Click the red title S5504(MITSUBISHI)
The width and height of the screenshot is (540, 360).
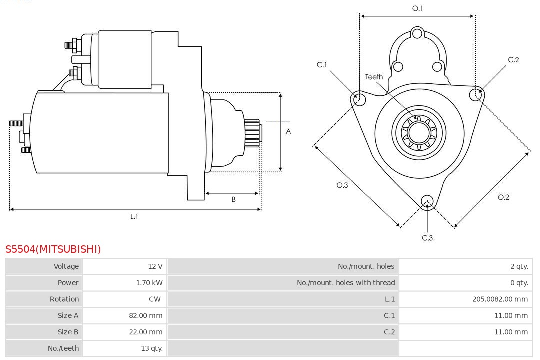pyautogui.click(x=53, y=249)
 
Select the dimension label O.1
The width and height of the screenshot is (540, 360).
pyautogui.click(x=417, y=8)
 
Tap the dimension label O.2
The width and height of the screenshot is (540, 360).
pyautogui.click(x=503, y=197)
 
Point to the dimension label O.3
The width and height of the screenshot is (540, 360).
pyautogui.click(x=342, y=185)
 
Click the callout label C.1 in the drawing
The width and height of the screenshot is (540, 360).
pyautogui.click(x=322, y=65)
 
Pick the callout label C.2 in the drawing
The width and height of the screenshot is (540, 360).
pyautogui.click(x=513, y=60)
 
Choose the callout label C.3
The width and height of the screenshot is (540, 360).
pyautogui.click(x=427, y=238)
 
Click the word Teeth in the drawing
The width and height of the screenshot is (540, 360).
pyautogui.click(x=374, y=77)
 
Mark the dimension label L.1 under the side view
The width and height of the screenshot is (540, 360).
pyautogui.click(x=134, y=216)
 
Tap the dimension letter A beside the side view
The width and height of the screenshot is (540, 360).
pyautogui.click(x=288, y=132)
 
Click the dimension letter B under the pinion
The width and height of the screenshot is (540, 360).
pyautogui.click(x=233, y=199)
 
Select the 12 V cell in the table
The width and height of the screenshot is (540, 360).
pyautogui.click(x=155, y=266)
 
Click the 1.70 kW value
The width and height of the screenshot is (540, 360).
pyautogui.click(x=149, y=283)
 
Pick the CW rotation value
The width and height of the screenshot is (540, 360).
pyautogui.click(x=154, y=299)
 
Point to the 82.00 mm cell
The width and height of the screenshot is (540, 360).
pyautogui.click(x=145, y=316)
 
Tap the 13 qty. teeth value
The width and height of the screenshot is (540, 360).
pyautogui.click(x=152, y=348)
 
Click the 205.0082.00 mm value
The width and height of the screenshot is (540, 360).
pyautogui.click(x=500, y=299)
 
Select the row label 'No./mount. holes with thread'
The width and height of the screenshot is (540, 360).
pyautogui.click(x=346, y=283)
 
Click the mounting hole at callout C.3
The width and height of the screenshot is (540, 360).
pyautogui.click(x=427, y=201)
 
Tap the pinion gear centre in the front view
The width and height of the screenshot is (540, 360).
pyautogui.click(x=418, y=132)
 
